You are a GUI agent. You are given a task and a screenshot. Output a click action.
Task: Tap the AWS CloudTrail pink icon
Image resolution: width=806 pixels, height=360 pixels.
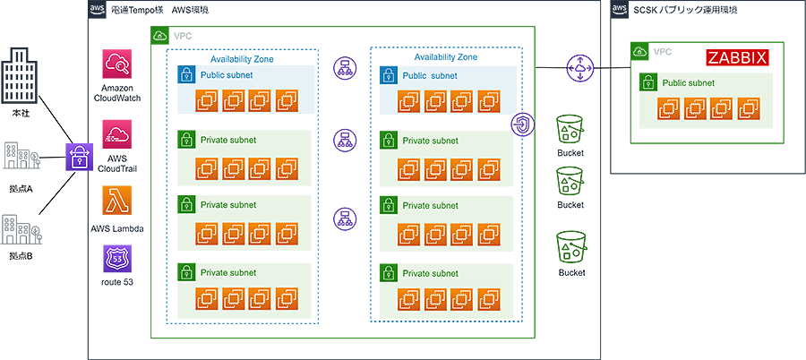pos(117,132)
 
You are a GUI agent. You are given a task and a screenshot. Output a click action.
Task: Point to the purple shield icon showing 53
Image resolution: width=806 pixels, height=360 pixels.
pos(117,260)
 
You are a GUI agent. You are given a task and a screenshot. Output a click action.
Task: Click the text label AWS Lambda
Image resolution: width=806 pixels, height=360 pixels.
pos(117,230)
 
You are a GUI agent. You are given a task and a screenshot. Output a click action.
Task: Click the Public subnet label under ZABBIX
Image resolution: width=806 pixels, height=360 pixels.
pos(688,83)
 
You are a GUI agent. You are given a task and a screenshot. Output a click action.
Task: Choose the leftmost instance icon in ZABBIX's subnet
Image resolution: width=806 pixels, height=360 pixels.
pos(667,110)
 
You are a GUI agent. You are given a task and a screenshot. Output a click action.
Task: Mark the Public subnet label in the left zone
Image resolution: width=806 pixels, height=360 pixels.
pos(227,75)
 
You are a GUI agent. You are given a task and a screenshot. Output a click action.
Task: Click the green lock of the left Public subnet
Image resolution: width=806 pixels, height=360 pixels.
pos(185,74)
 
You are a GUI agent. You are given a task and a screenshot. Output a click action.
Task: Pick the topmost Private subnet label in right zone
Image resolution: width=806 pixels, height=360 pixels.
pos(430,141)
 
